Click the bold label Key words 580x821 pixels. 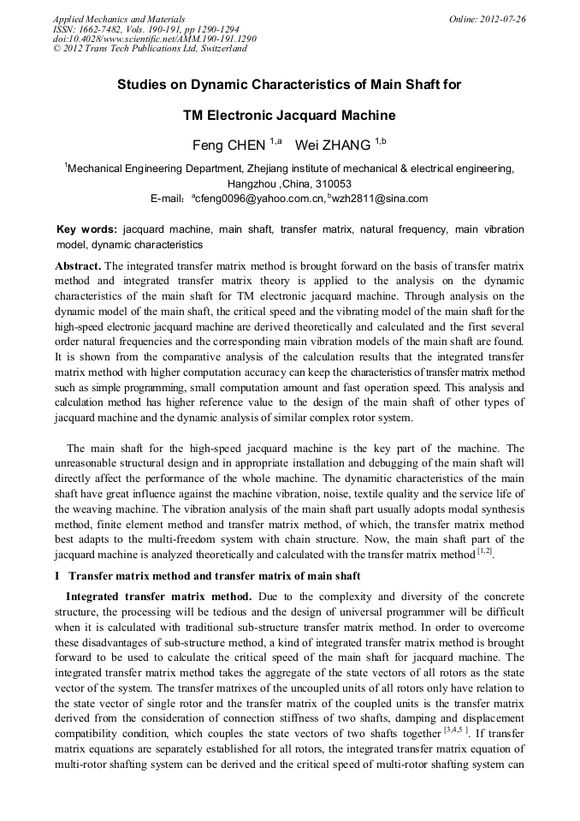(86, 230)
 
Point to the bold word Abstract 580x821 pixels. (78, 266)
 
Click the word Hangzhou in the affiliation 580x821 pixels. (255, 184)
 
